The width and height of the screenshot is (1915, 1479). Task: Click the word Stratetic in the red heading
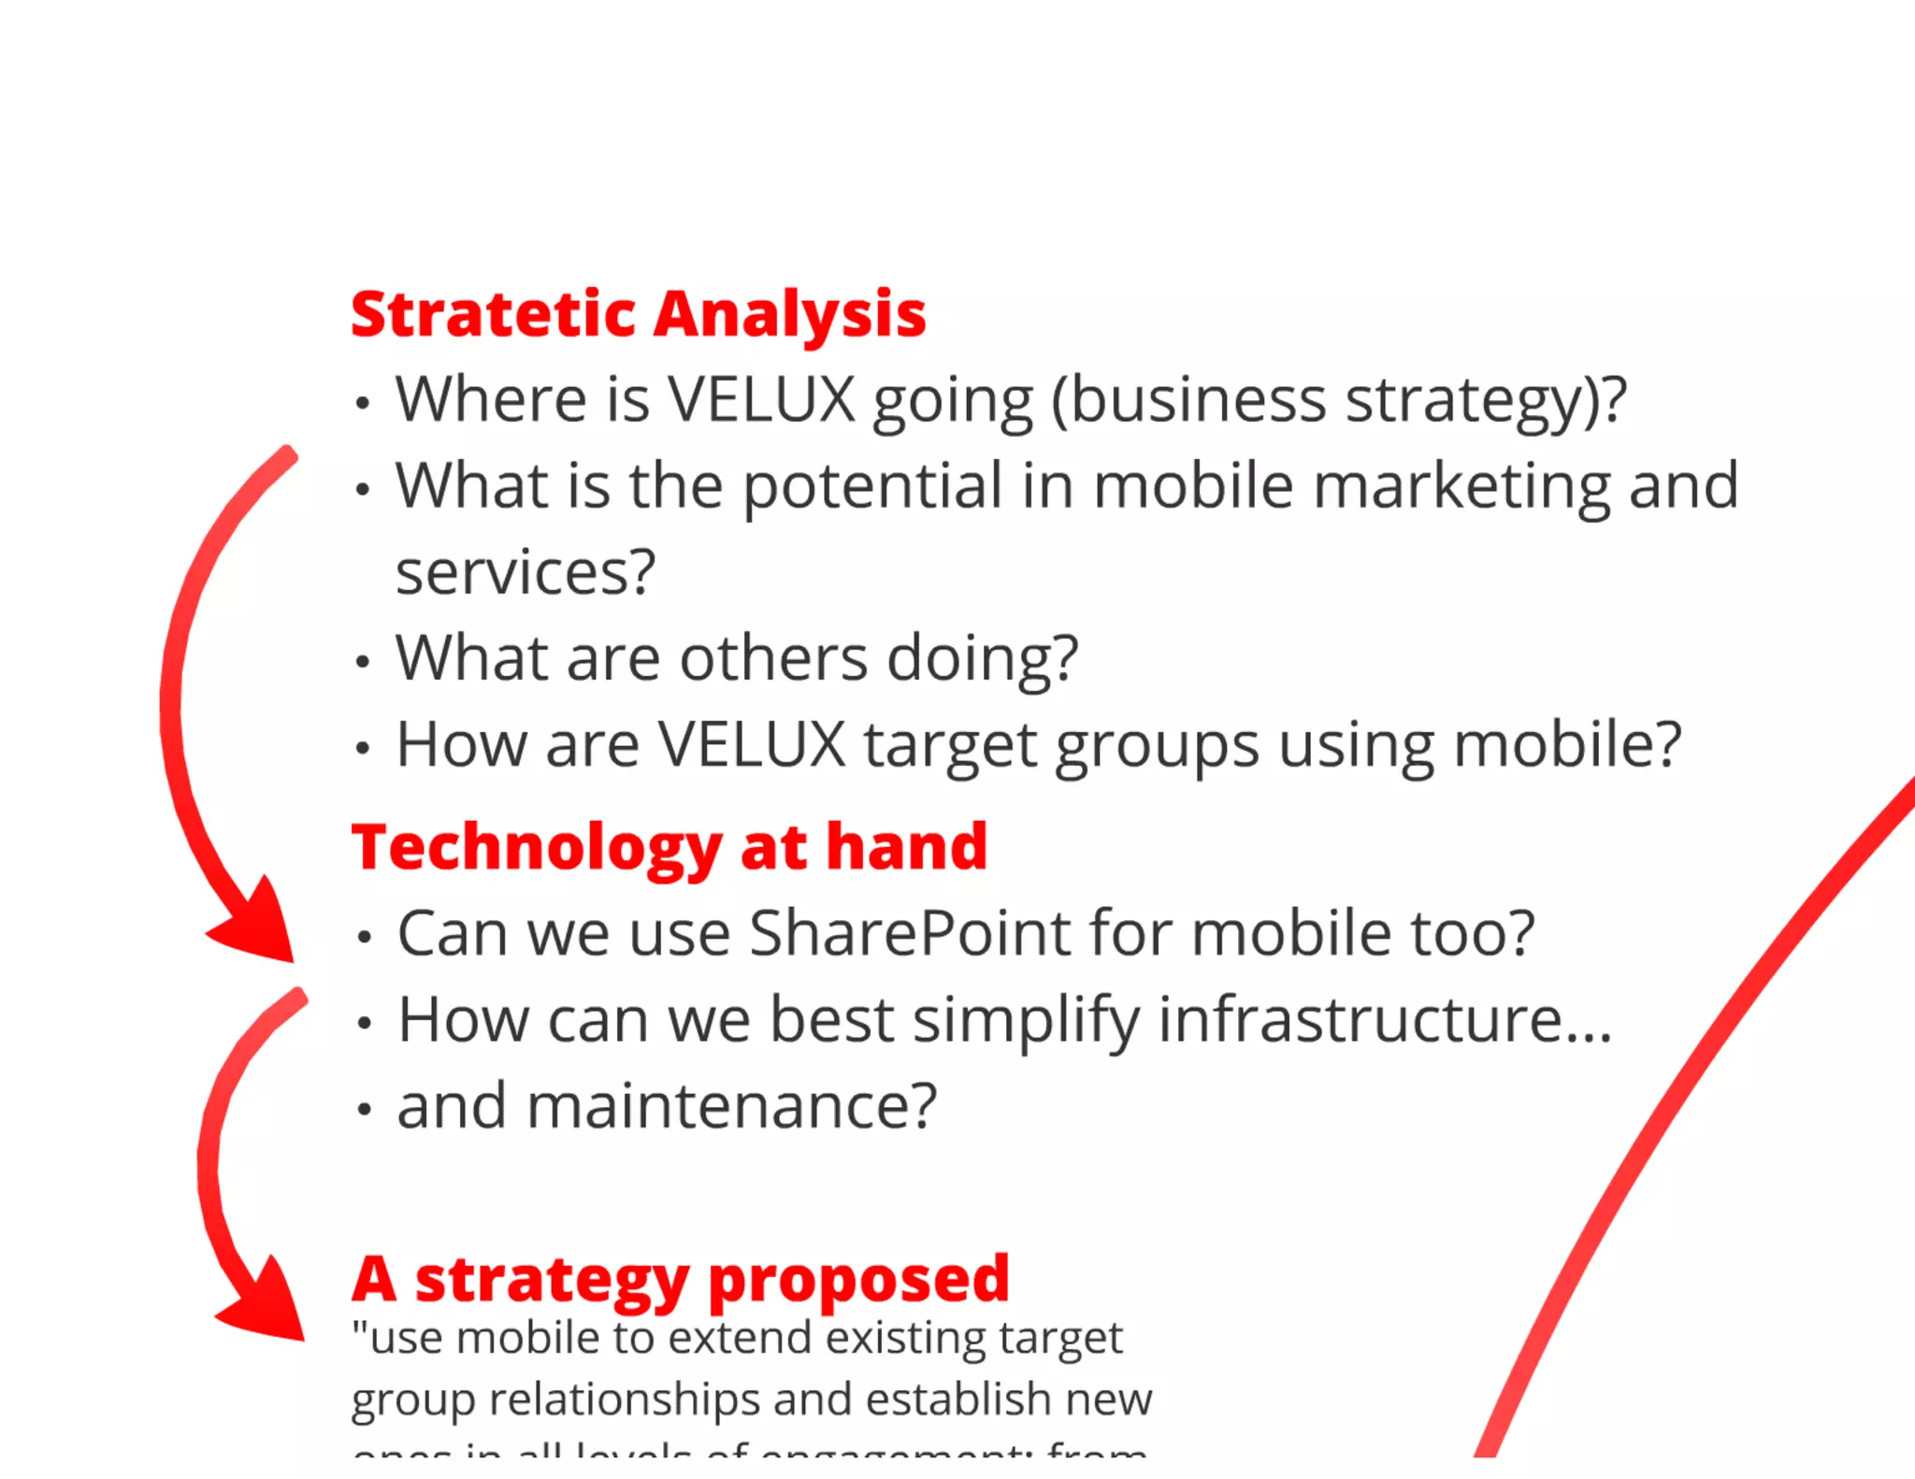pyautogui.click(x=493, y=314)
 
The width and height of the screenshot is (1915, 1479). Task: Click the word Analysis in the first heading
pyautogui.click(x=789, y=316)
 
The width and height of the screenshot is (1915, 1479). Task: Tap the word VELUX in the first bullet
pyautogui.click(x=760, y=400)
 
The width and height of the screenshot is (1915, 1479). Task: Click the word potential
pyautogui.click(x=872, y=488)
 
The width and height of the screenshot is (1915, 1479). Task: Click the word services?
pyautogui.click(x=525, y=572)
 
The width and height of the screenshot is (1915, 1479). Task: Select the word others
pyautogui.click(x=773, y=658)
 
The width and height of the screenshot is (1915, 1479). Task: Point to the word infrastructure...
pyautogui.click(x=1384, y=1019)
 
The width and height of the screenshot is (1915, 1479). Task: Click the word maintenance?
pyautogui.click(x=731, y=1106)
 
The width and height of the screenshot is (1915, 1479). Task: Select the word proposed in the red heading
pyautogui.click(x=858, y=1280)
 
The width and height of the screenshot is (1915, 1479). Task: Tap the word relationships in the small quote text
pyautogui.click(x=624, y=1400)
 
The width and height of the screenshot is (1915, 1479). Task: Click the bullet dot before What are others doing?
pyautogui.click(x=363, y=662)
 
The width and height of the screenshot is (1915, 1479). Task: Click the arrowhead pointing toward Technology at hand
pyautogui.click(x=259, y=926)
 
